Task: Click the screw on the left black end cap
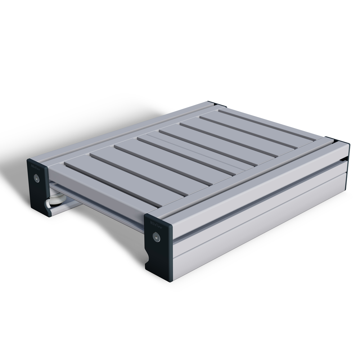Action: click(36, 177)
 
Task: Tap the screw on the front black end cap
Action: click(156, 236)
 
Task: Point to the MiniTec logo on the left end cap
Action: click(35, 167)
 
